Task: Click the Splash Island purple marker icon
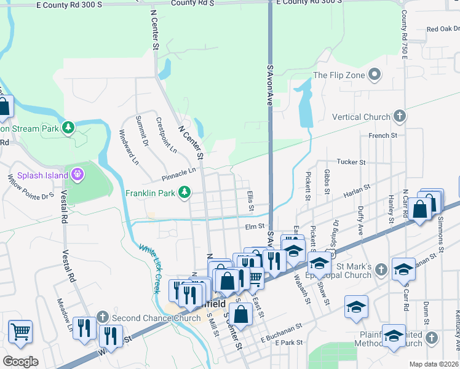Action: pyautogui.click(x=77, y=175)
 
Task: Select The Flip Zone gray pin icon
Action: pyautogui.click(x=375, y=76)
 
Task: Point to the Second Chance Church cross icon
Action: pyautogui.click(x=103, y=317)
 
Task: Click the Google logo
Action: pyautogui.click(x=20, y=361)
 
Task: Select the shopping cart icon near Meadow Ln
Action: pyautogui.click(x=20, y=332)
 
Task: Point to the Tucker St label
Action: pyautogui.click(x=351, y=162)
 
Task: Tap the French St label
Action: pyautogui.click(x=379, y=136)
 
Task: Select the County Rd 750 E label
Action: pyautogui.click(x=404, y=34)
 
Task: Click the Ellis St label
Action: pyautogui.click(x=250, y=202)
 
